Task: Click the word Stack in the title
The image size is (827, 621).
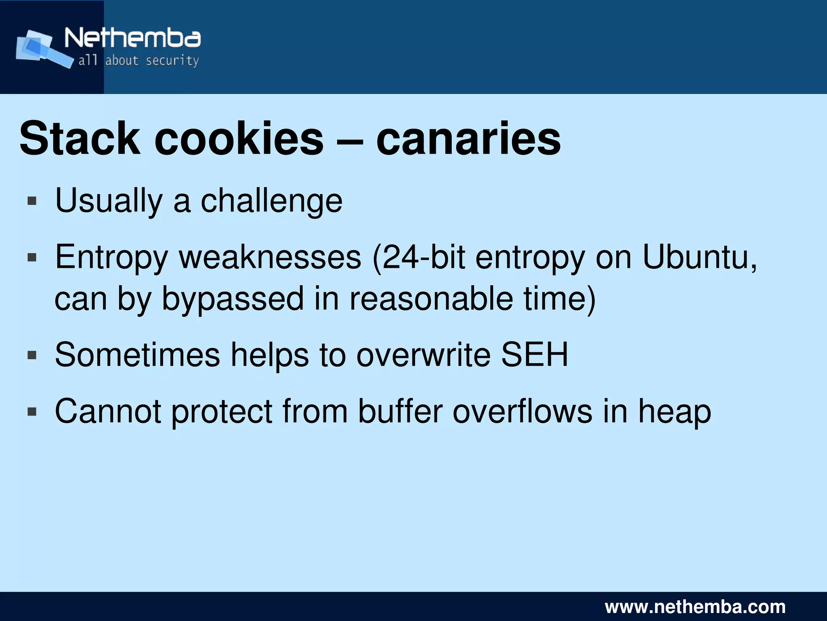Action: tap(80, 139)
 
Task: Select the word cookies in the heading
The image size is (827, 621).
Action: tap(239, 139)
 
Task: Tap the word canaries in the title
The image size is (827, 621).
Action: tap(468, 139)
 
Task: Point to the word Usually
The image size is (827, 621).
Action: tap(109, 201)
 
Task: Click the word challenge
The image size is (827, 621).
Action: tap(271, 201)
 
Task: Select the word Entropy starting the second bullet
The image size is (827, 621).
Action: tap(111, 257)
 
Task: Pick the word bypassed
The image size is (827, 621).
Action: tap(233, 299)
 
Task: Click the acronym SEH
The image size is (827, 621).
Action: tap(534, 355)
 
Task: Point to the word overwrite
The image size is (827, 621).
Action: tap(423, 355)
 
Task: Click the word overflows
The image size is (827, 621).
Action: tap(523, 411)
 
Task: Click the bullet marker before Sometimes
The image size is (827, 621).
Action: tap(32, 356)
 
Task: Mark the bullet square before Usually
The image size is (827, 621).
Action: tap(32, 201)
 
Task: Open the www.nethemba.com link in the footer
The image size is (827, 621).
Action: tap(695, 607)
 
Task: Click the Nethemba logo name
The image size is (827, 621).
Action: tap(132, 38)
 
